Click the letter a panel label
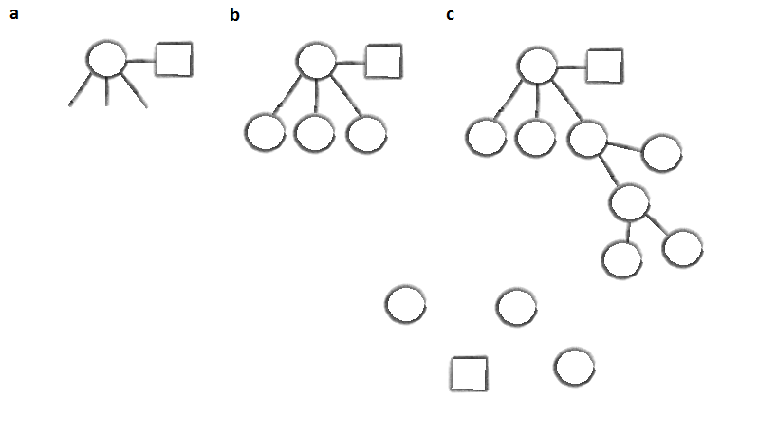coord(14,14)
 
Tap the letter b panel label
coord(235,14)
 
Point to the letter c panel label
coord(450,14)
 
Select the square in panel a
coord(174,60)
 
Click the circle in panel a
coord(106,60)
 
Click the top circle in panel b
coord(316,61)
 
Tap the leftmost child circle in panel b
coord(265,132)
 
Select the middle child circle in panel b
coord(315,132)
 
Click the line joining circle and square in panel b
coord(350,62)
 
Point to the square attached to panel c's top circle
coord(604,66)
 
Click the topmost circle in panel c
coord(537,66)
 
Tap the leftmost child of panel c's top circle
coord(486,137)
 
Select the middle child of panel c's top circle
coord(536,137)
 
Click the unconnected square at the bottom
coord(469,373)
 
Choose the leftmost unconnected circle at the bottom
coord(405,305)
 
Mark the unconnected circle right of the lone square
coord(575,367)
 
